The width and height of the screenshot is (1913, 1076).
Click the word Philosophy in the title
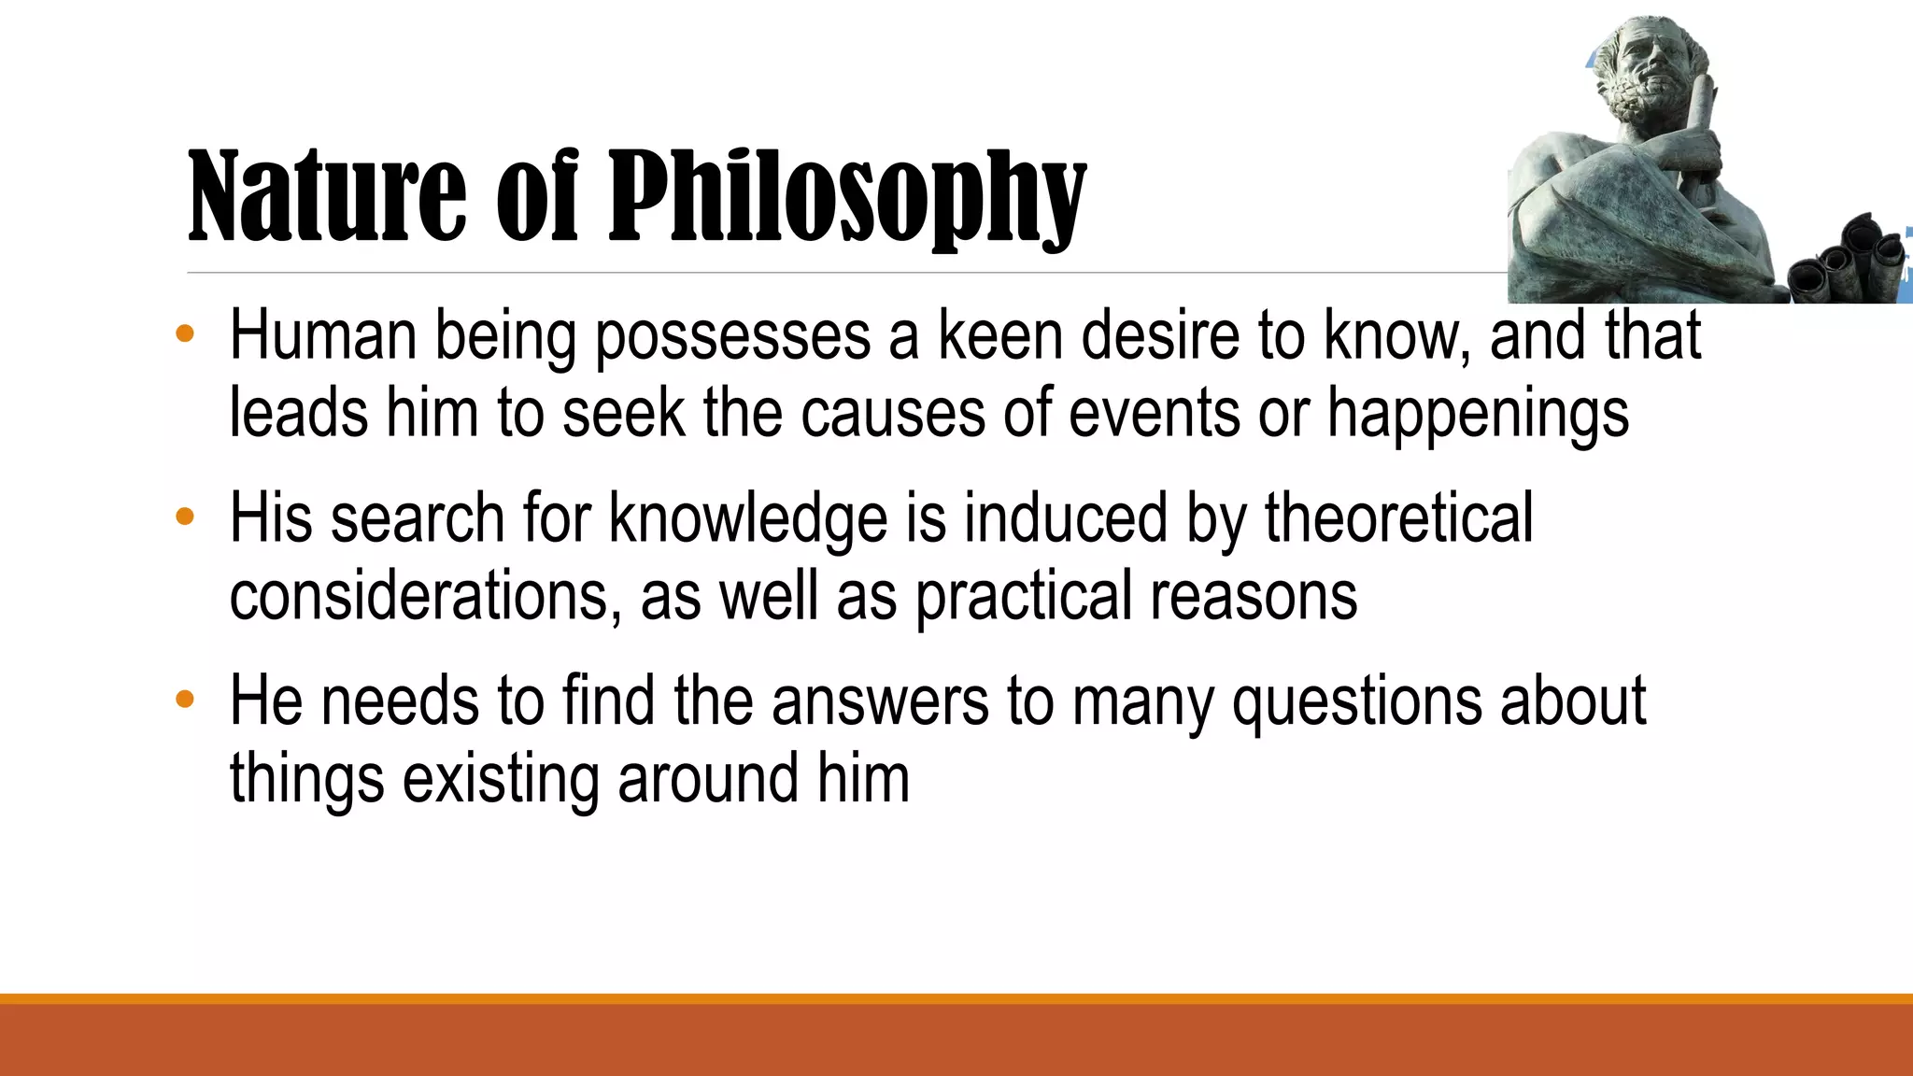click(x=846, y=198)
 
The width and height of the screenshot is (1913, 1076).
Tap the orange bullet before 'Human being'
click(x=185, y=333)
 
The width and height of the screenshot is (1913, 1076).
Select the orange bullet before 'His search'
click(x=185, y=516)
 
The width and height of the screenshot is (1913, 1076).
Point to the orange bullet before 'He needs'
click(x=185, y=699)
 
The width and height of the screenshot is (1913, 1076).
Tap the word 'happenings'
click(x=1478, y=413)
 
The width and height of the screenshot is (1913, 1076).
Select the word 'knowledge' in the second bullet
click(x=747, y=518)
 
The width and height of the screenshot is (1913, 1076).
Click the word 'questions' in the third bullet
click(x=1356, y=701)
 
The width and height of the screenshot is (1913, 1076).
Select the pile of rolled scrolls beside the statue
click(x=1845, y=262)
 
